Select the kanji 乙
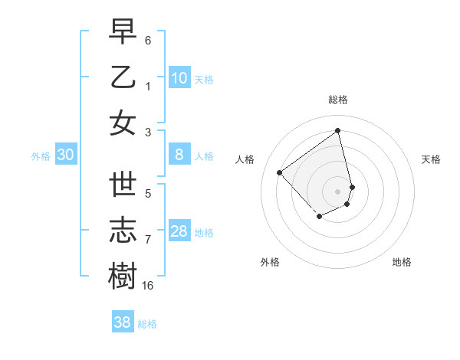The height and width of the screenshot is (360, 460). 123,77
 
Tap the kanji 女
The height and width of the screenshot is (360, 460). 123,123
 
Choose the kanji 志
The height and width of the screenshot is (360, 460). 123,231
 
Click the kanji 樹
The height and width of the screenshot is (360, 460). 123,277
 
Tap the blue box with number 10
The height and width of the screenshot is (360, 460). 179,78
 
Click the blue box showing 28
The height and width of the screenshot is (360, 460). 179,232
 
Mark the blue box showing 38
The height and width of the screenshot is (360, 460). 123,322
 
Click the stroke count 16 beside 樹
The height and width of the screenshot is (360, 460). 148,286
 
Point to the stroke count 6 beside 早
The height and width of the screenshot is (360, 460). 148,38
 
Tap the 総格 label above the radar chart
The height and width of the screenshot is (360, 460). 338,100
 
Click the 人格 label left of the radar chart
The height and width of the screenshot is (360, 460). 245,159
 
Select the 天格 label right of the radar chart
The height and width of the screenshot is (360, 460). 431,159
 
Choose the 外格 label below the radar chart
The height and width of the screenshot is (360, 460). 270,262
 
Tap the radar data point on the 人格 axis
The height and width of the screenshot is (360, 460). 280,172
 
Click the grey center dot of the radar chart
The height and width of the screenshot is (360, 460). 338,191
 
